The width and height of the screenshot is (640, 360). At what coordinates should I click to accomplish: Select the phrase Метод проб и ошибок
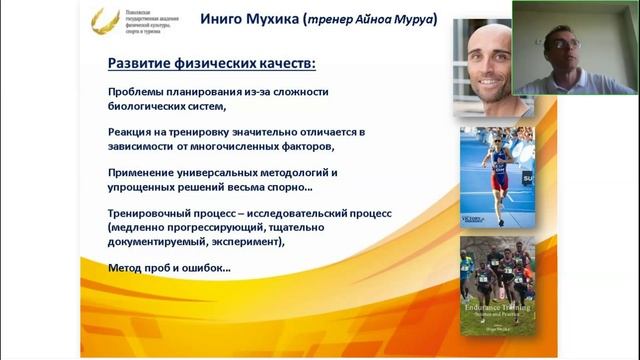pos(169,268)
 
